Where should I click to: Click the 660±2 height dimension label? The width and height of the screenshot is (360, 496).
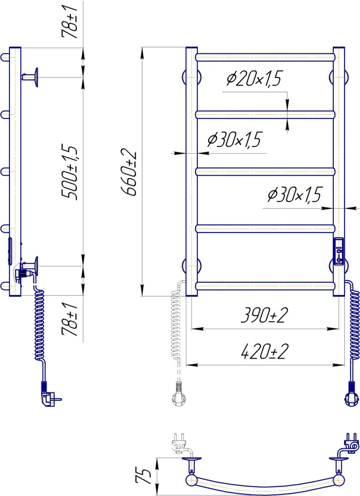click(129, 173)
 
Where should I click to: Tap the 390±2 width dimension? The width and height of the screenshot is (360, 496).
click(264, 315)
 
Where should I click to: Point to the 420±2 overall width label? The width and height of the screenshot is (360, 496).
click(264, 352)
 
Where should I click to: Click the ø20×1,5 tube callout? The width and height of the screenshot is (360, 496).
click(254, 78)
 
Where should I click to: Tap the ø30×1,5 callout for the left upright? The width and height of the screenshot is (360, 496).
click(235, 139)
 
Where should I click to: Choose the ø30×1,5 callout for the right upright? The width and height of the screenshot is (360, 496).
click(294, 194)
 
